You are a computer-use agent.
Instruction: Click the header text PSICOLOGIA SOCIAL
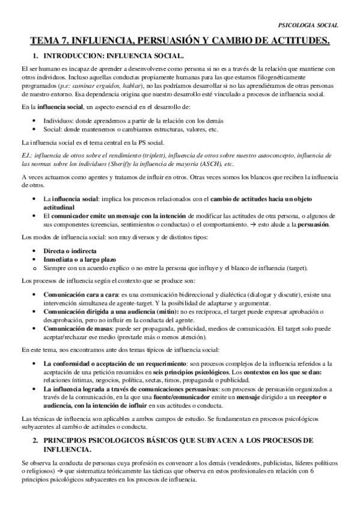pos(309,25)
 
